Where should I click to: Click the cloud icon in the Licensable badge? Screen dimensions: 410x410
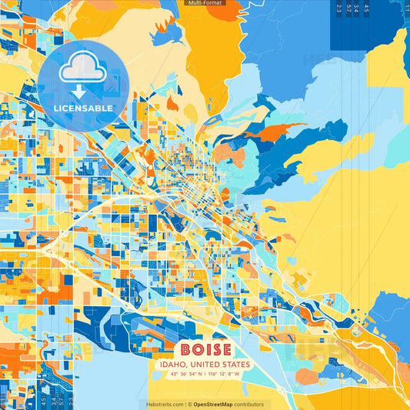(82, 70)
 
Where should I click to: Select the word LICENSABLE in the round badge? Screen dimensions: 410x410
(82, 108)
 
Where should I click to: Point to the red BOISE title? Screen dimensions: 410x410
(205, 348)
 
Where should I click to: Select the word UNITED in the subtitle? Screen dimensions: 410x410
(205, 365)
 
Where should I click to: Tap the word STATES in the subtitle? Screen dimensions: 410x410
(235, 365)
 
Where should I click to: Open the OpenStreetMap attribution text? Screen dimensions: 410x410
(215, 404)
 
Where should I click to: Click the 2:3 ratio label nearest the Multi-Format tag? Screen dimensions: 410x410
(339, 8)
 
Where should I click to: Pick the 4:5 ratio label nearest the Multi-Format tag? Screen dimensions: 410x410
(366, 8)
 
